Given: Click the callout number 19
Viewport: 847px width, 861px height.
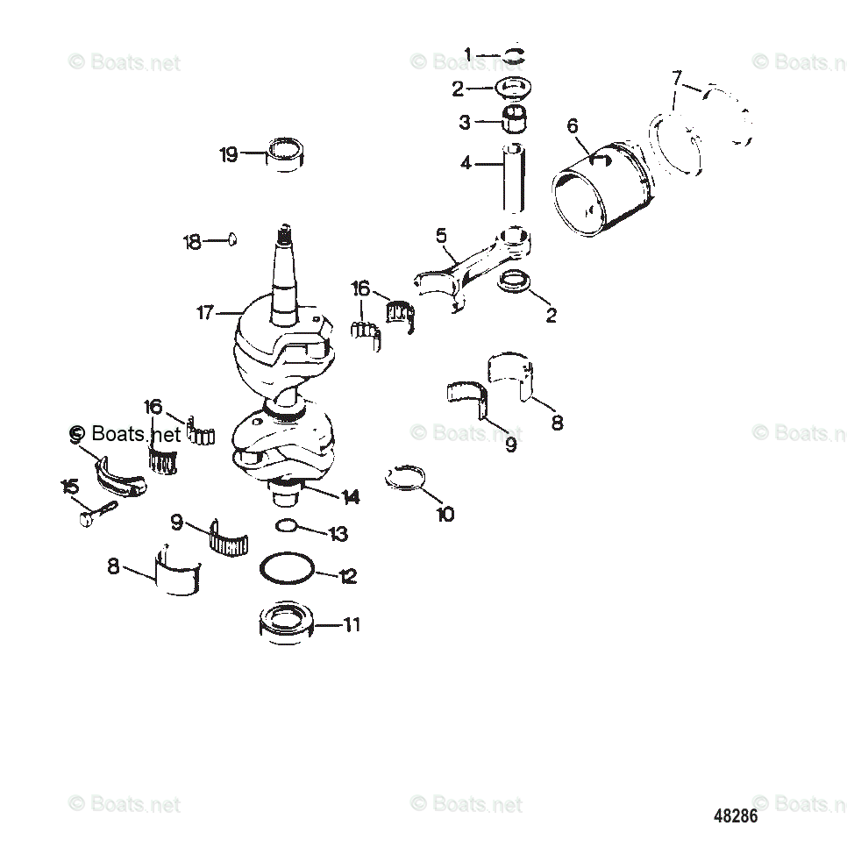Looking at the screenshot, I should click(x=228, y=155).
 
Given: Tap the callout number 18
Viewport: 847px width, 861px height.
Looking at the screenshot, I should click(x=192, y=242).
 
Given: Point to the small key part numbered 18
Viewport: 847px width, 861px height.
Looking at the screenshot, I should click(x=232, y=238).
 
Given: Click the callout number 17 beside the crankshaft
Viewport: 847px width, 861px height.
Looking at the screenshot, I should click(x=205, y=312).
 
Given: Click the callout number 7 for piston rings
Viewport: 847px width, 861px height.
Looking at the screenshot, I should click(x=677, y=79).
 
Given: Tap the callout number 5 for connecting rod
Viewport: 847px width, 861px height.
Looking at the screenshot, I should click(x=441, y=235).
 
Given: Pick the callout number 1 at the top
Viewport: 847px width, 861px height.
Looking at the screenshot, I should click(x=467, y=56).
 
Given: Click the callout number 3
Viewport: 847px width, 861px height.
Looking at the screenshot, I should click(x=465, y=123).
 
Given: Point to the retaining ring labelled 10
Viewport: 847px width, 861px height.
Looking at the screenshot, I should click(x=405, y=478).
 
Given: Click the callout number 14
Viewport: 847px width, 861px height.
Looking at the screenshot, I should click(x=351, y=497).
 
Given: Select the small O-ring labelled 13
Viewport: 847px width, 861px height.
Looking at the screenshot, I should click(x=287, y=526).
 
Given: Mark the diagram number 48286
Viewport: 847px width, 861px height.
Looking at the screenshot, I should click(x=735, y=816).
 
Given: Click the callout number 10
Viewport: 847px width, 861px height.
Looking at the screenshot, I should click(x=445, y=515).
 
